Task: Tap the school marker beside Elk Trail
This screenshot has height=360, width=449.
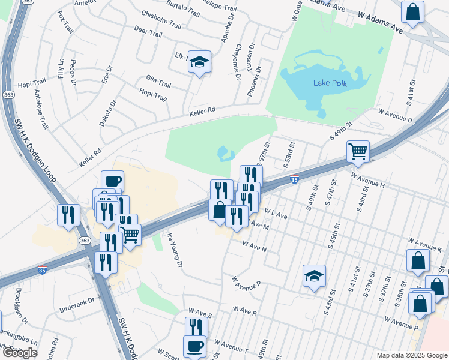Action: coord(199,62)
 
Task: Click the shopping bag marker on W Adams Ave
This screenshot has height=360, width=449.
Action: coord(413,13)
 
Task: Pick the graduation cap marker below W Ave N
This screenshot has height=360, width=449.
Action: coord(314,276)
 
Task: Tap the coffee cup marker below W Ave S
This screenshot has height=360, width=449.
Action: coord(194,346)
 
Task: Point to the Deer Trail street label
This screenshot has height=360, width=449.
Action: coord(148,34)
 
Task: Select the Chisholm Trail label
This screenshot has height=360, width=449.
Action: coord(160,20)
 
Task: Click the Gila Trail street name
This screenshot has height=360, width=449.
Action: coord(158,81)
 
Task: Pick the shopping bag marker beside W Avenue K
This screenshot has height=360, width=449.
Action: coord(418,260)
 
